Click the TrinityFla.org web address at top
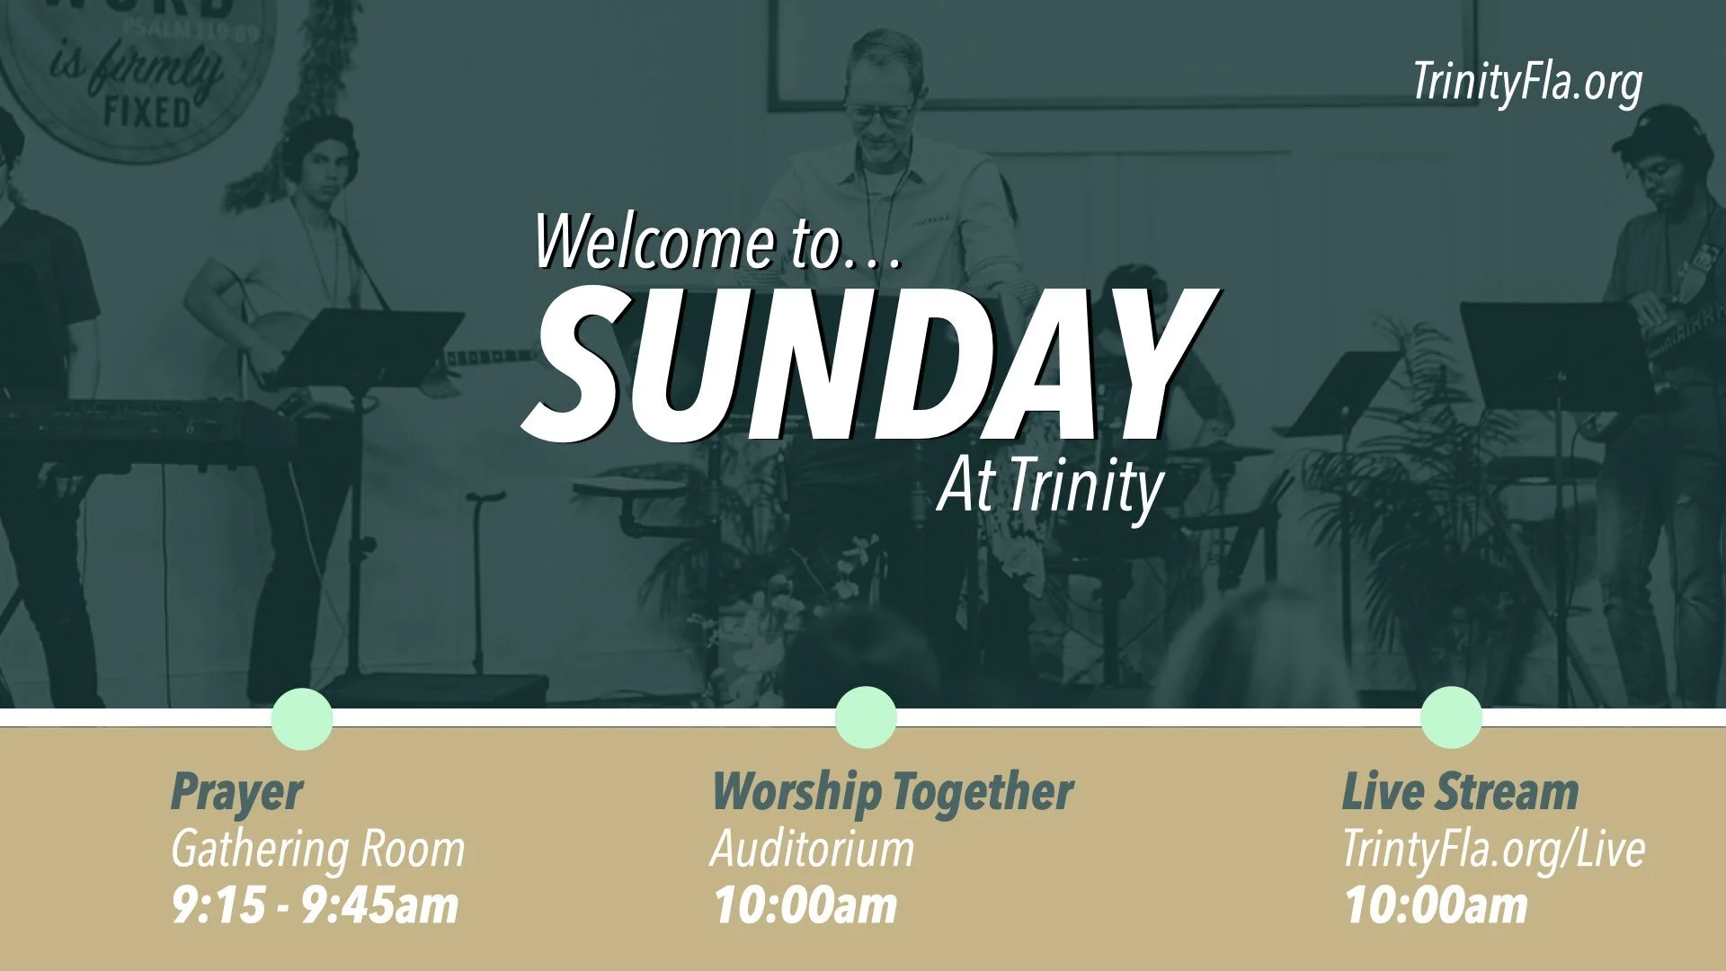pyautogui.click(x=1526, y=83)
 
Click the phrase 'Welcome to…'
pyautogui.click(x=716, y=241)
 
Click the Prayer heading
pyautogui.click(x=236, y=793)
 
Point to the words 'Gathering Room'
pyautogui.click(x=317, y=849)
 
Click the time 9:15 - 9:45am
pyautogui.click(x=315, y=905)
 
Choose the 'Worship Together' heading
pyautogui.click(x=892, y=793)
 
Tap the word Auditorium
pyautogui.click(x=811, y=849)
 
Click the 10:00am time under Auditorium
pyautogui.click(x=805, y=905)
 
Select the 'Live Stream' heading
pyautogui.click(x=1460, y=793)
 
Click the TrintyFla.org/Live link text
pyautogui.click(x=1492, y=849)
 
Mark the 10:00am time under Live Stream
pyautogui.click(x=1436, y=905)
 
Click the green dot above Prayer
pyautogui.click(x=302, y=718)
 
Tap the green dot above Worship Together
pyautogui.click(x=866, y=717)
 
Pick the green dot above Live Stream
pyautogui.click(x=1451, y=717)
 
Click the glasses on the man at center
pyautogui.click(x=876, y=113)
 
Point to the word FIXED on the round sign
pyautogui.click(x=147, y=113)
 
